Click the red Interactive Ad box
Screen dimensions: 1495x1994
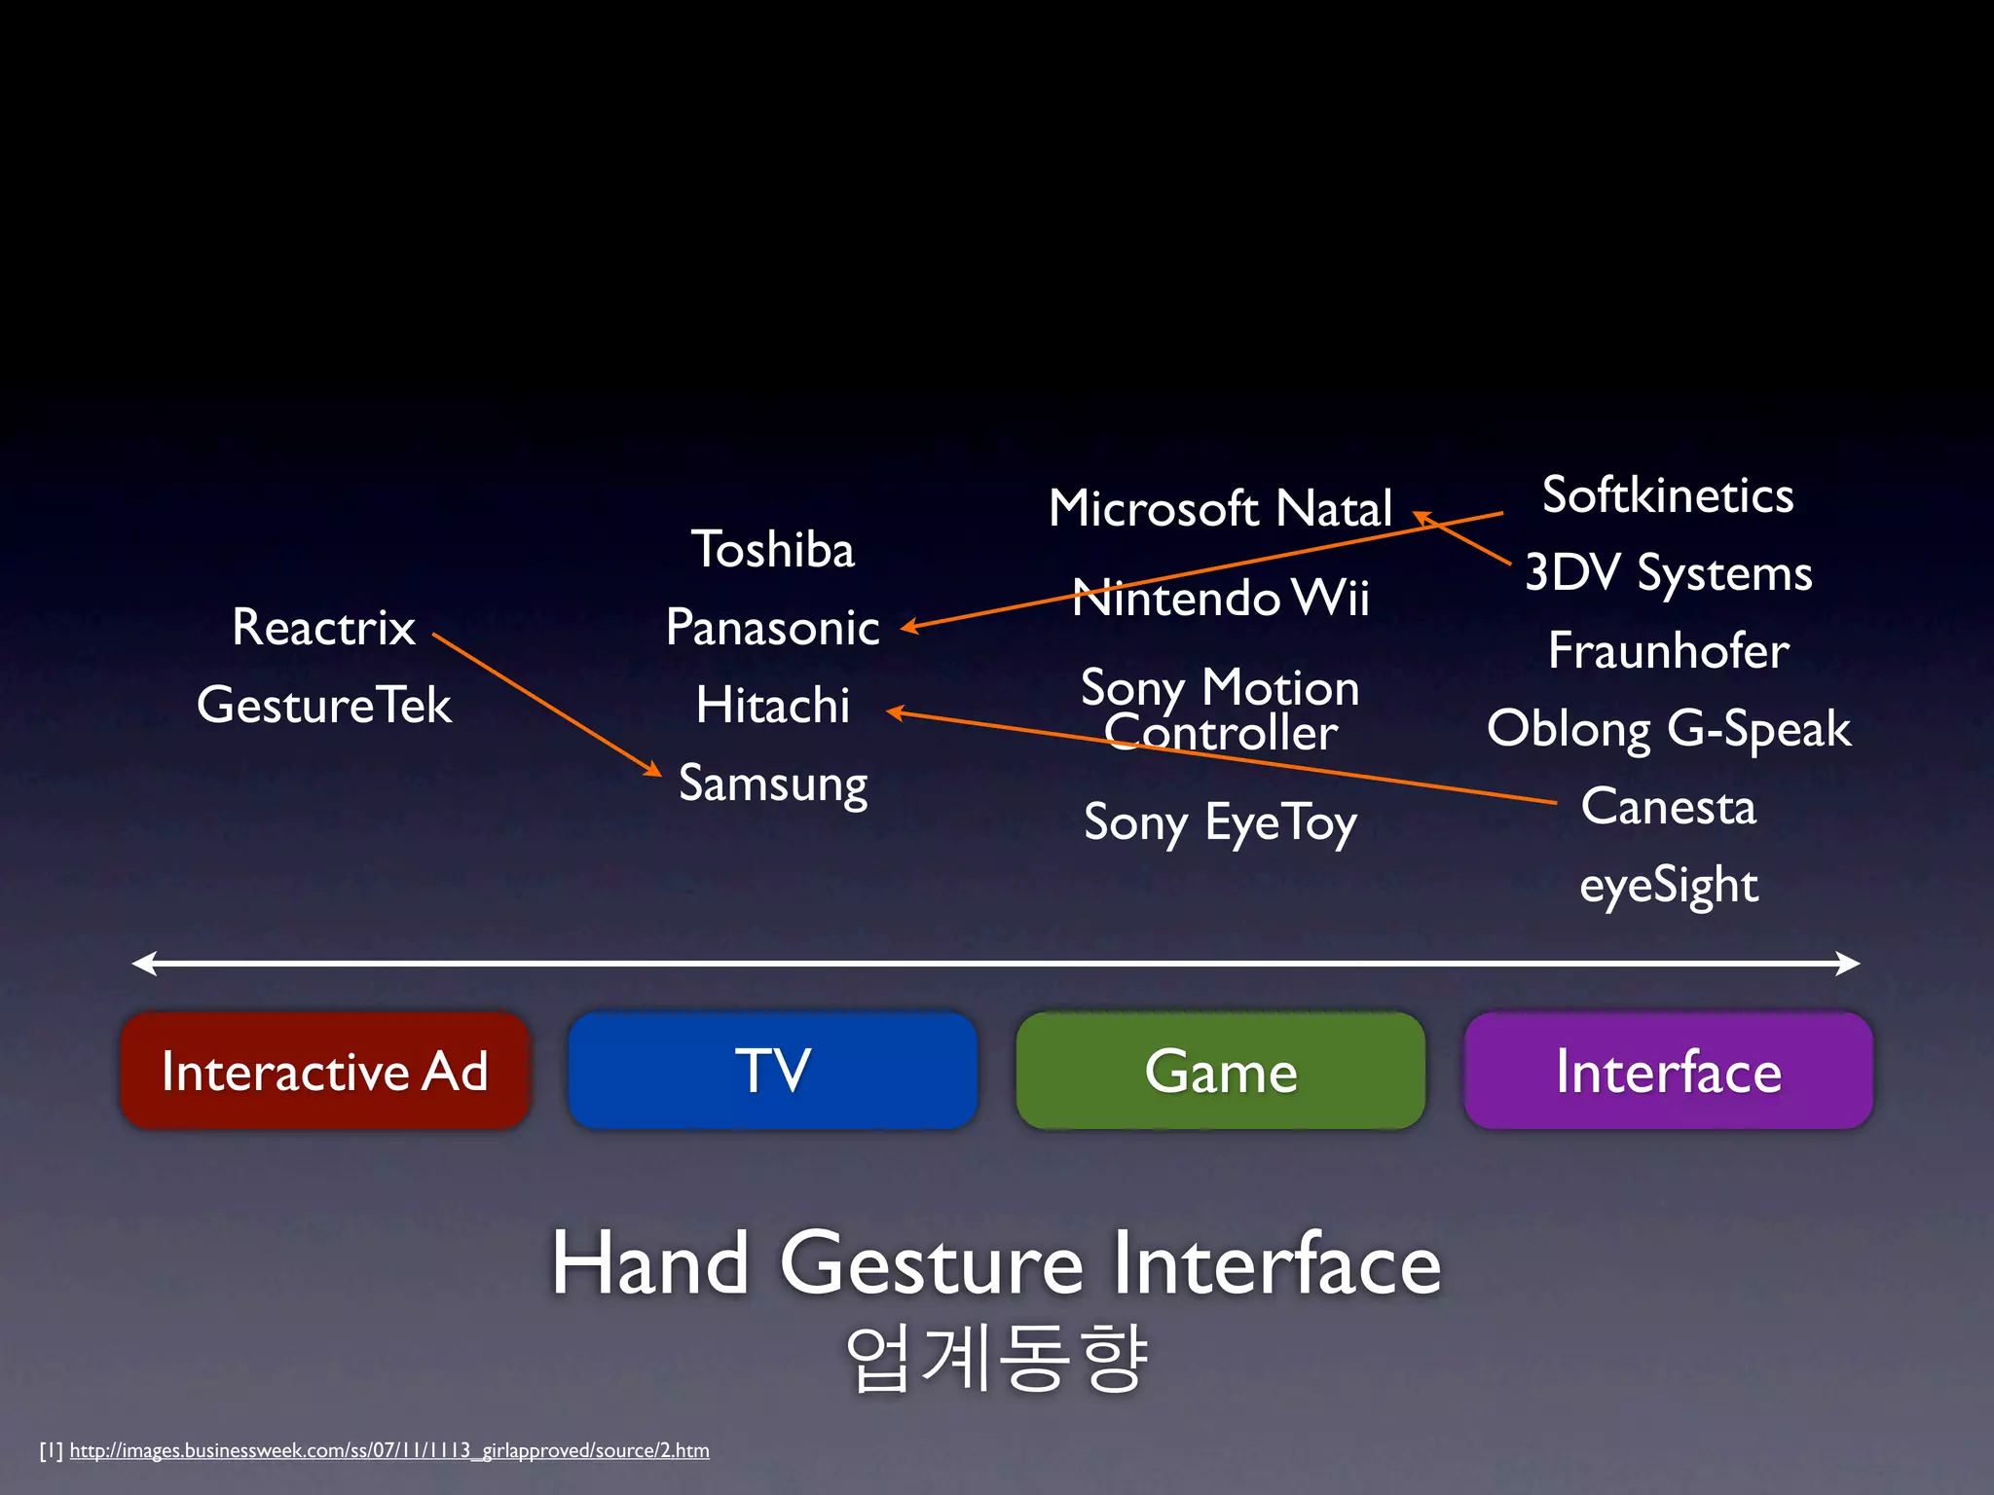pos(324,1071)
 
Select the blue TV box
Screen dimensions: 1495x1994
pos(772,1071)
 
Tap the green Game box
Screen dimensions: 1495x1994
pos(1220,1071)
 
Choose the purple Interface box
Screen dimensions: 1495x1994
pos(1668,1071)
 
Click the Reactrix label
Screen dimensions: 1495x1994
pos(323,627)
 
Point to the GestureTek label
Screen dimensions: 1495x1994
pos(323,705)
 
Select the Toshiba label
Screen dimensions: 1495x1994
pos(772,550)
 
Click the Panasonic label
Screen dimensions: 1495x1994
pos(772,628)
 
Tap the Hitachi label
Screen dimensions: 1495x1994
pos(772,705)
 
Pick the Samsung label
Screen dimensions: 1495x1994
pos(772,784)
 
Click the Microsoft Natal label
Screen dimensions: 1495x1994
pos(1220,508)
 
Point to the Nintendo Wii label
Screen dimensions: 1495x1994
pos(1220,597)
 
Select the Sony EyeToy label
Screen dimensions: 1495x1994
pos(1220,823)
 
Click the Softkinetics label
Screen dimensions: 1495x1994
pos(1668,495)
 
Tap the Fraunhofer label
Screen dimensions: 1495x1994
pos(1668,650)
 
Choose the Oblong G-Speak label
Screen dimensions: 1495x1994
pos(1668,729)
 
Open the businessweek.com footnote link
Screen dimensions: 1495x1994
pos(389,1450)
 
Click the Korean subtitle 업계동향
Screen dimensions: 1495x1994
pos(996,1357)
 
